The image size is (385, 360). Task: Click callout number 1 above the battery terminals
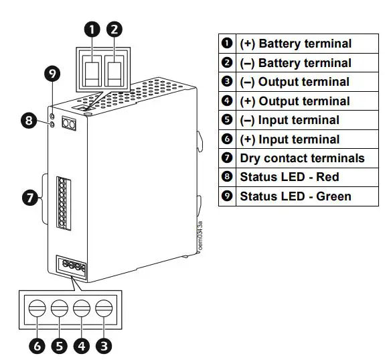(92, 29)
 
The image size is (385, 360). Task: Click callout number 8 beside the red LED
(28, 121)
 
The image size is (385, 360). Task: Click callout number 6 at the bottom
(37, 346)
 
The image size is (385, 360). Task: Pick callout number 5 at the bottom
(60, 346)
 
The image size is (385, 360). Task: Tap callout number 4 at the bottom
(82, 346)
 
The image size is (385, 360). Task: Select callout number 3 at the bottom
(104, 346)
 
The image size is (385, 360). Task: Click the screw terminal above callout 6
(37, 308)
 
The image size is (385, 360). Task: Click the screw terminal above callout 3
(103, 308)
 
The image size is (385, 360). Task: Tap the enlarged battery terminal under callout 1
(92, 72)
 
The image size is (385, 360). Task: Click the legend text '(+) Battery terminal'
(295, 44)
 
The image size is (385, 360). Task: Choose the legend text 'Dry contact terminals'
(302, 158)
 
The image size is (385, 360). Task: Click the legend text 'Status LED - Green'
(295, 196)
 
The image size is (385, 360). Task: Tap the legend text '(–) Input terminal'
(289, 120)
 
